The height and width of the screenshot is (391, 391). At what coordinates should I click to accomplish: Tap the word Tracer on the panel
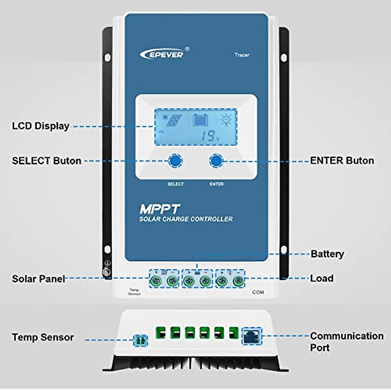coord(242,55)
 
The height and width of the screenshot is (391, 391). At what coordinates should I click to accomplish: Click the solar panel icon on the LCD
coord(173,120)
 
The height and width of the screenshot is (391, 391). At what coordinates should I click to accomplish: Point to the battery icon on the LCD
coord(200,120)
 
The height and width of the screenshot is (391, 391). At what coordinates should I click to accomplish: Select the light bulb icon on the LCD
coord(226,120)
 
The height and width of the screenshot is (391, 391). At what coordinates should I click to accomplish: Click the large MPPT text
coord(160,209)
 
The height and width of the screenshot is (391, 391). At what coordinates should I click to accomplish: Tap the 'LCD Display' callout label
coord(40,126)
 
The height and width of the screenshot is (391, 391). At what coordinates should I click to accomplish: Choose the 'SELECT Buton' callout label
coord(46,161)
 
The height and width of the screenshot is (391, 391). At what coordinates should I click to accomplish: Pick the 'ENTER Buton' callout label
coord(342,161)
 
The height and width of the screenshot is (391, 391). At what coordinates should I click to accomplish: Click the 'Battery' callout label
coord(327,254)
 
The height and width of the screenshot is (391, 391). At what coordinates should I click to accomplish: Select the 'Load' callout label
coord(322,278)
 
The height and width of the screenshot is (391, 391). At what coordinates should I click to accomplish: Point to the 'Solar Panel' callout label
coord(38,279)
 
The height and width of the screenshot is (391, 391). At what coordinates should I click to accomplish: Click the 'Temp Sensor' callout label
coord(43,337)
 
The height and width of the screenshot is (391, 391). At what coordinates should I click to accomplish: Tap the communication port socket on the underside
coord(251,336)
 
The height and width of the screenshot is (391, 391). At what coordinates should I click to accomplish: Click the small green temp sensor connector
coord(140,340)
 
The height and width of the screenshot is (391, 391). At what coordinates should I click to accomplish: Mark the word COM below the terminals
coord(258,292)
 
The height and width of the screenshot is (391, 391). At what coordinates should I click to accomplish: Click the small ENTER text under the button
coord(216,184)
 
